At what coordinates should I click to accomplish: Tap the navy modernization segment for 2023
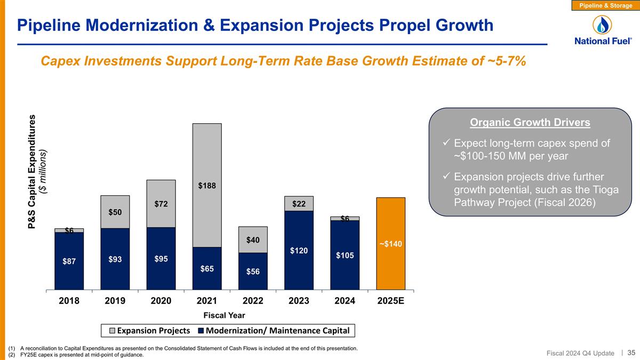tap(299, 250)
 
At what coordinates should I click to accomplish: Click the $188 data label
tap(207, 186)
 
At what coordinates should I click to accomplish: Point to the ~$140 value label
tap(390, 244)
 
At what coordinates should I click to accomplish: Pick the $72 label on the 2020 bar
tap(161, 204)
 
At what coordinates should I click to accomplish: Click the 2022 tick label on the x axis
tap(253, 300)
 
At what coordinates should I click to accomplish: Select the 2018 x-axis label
tap(69, 300)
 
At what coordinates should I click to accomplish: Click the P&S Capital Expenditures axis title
tap(33, 172)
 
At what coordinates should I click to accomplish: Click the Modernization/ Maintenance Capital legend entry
tap(273, 331)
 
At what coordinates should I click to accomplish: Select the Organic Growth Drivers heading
tap(530, 123)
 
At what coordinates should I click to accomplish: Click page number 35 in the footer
tap(631, 353)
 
